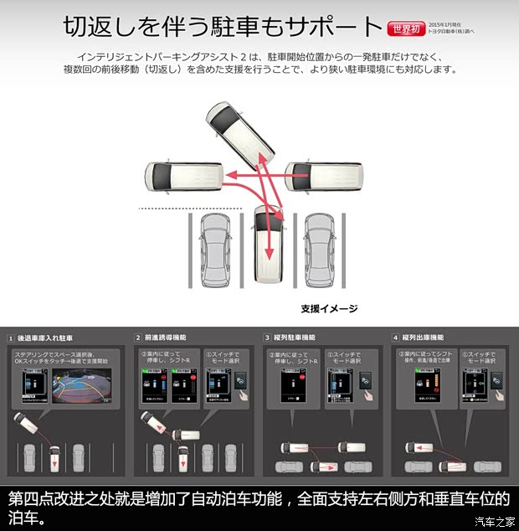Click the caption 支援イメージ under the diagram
[329, 308]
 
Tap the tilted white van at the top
[240, 134]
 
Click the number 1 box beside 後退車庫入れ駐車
[11, 338]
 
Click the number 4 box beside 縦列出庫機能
[395, 338]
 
